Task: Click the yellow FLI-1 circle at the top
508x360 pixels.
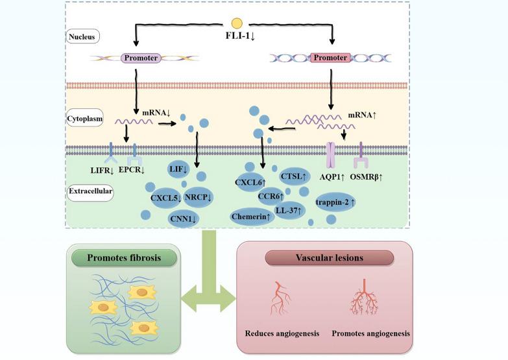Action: [237, 24]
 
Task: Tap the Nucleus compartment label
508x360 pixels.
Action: [82, 37]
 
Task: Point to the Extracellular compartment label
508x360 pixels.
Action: [90, 191]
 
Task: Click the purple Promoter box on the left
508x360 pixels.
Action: [141, 58]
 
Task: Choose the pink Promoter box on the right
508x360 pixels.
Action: [331, 58]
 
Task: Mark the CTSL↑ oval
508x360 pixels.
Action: [294, 176]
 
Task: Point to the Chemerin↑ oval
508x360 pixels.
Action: [250, 216]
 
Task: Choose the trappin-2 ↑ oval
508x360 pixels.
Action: [335, 202]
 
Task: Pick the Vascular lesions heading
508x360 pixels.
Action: [330, 258]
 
